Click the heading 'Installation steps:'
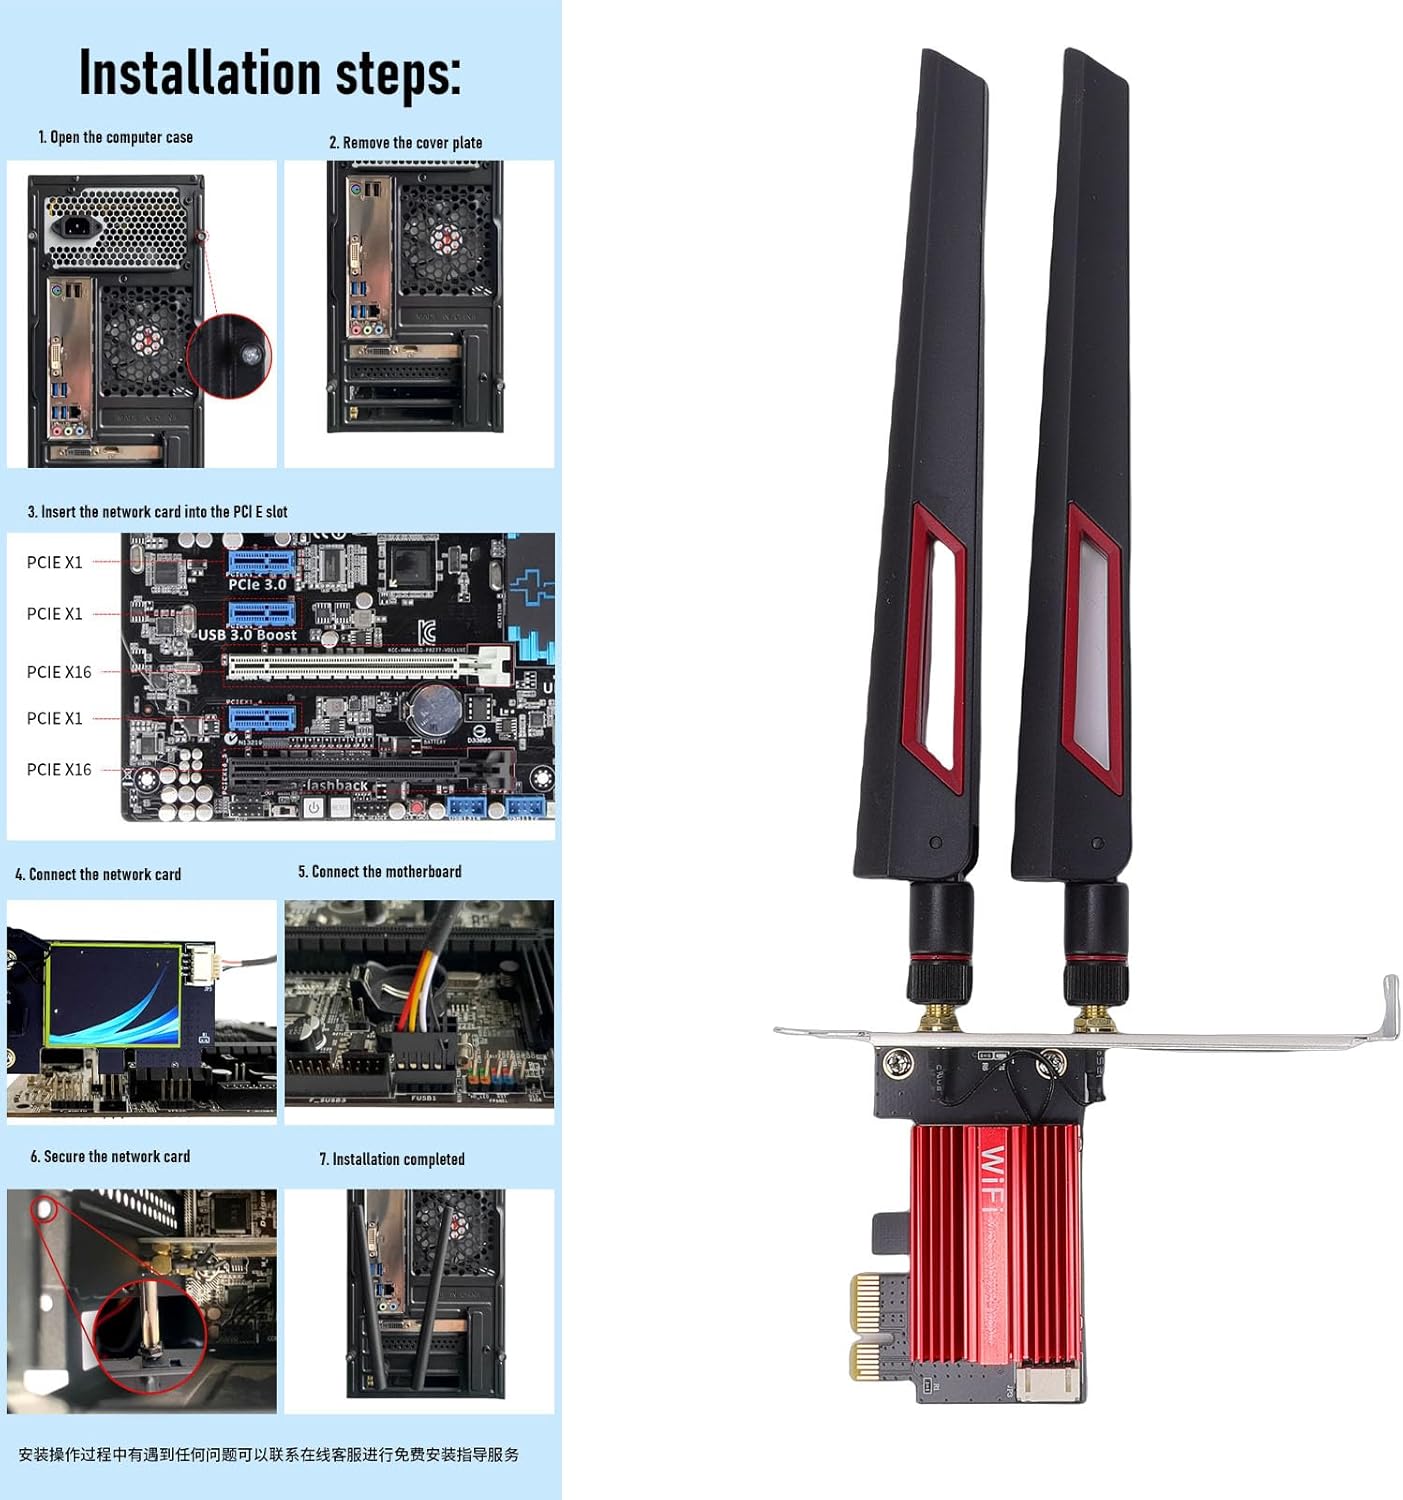270,74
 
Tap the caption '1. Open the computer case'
115,137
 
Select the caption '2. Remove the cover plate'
405,143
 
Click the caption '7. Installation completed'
391,1159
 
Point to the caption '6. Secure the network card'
110,1156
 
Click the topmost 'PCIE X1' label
55,562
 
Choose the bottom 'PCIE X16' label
59,769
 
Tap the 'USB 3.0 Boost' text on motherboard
247,635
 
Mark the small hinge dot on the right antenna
1097,843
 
